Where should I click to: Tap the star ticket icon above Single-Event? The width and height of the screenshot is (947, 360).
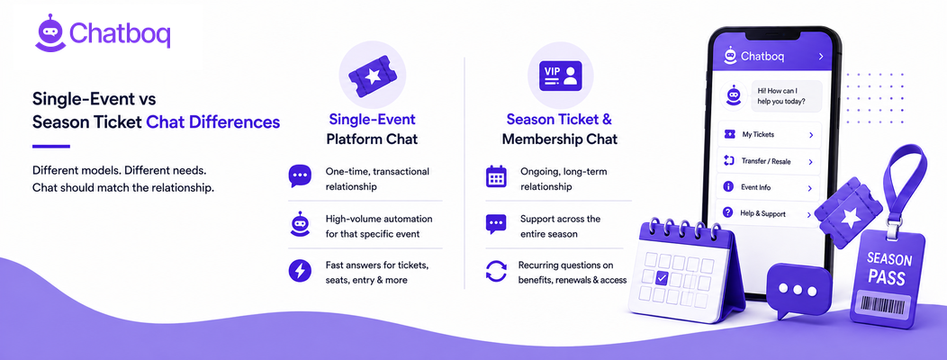[x=373, y=75]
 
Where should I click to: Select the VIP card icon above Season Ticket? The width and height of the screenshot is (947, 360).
[x=561, y=76]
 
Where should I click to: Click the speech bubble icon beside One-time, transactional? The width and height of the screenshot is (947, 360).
[x=300, y=175]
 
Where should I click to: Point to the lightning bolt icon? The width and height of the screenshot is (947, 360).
[x=300, y=270]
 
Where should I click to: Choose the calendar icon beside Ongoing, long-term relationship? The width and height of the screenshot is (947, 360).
[x=496, y=175]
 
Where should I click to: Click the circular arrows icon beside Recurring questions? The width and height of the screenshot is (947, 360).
[x=496, y=271]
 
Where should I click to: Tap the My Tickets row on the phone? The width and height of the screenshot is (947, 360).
[x=768, y=135]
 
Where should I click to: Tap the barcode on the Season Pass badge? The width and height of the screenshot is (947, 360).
[x=886, y=304]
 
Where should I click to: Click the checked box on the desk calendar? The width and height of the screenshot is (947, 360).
[x=662, y=278]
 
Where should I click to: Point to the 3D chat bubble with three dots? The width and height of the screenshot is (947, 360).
[x=798, y=290]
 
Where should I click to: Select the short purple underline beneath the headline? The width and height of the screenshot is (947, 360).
[x=51, y=146]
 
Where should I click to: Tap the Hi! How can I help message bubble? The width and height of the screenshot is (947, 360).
[x=786, y=96]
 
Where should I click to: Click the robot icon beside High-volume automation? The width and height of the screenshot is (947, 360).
[x=300, y=223]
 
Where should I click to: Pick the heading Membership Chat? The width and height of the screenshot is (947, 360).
[x=560, y=139]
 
